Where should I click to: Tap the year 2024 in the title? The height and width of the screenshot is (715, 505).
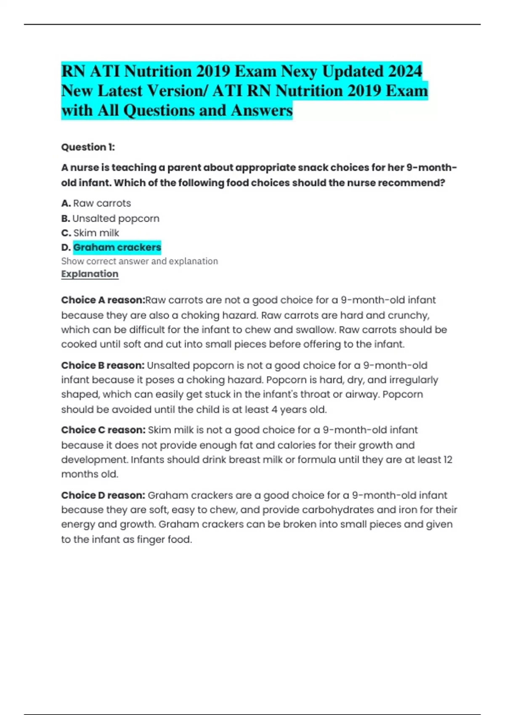404,71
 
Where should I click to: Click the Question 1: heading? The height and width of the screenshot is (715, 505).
88,147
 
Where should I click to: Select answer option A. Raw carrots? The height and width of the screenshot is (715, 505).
96,203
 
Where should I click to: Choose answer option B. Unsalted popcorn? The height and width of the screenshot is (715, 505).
110,218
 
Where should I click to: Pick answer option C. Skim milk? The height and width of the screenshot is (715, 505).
90,233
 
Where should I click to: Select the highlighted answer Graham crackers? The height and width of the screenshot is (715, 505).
117,247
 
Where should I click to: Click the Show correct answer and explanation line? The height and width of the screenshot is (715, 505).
139,261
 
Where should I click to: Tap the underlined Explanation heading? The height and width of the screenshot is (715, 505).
90,274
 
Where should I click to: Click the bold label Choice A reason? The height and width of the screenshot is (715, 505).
103,300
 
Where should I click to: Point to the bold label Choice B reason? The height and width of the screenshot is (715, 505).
103,365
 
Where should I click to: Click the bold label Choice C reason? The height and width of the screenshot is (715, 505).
103,430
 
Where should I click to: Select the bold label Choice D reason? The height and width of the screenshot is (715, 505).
103,495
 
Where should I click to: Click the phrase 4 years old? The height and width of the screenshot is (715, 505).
299,409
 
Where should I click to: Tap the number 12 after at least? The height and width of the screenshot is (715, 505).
447,459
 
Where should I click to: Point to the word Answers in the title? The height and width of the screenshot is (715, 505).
261,110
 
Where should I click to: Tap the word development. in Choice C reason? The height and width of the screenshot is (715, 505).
94,459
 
